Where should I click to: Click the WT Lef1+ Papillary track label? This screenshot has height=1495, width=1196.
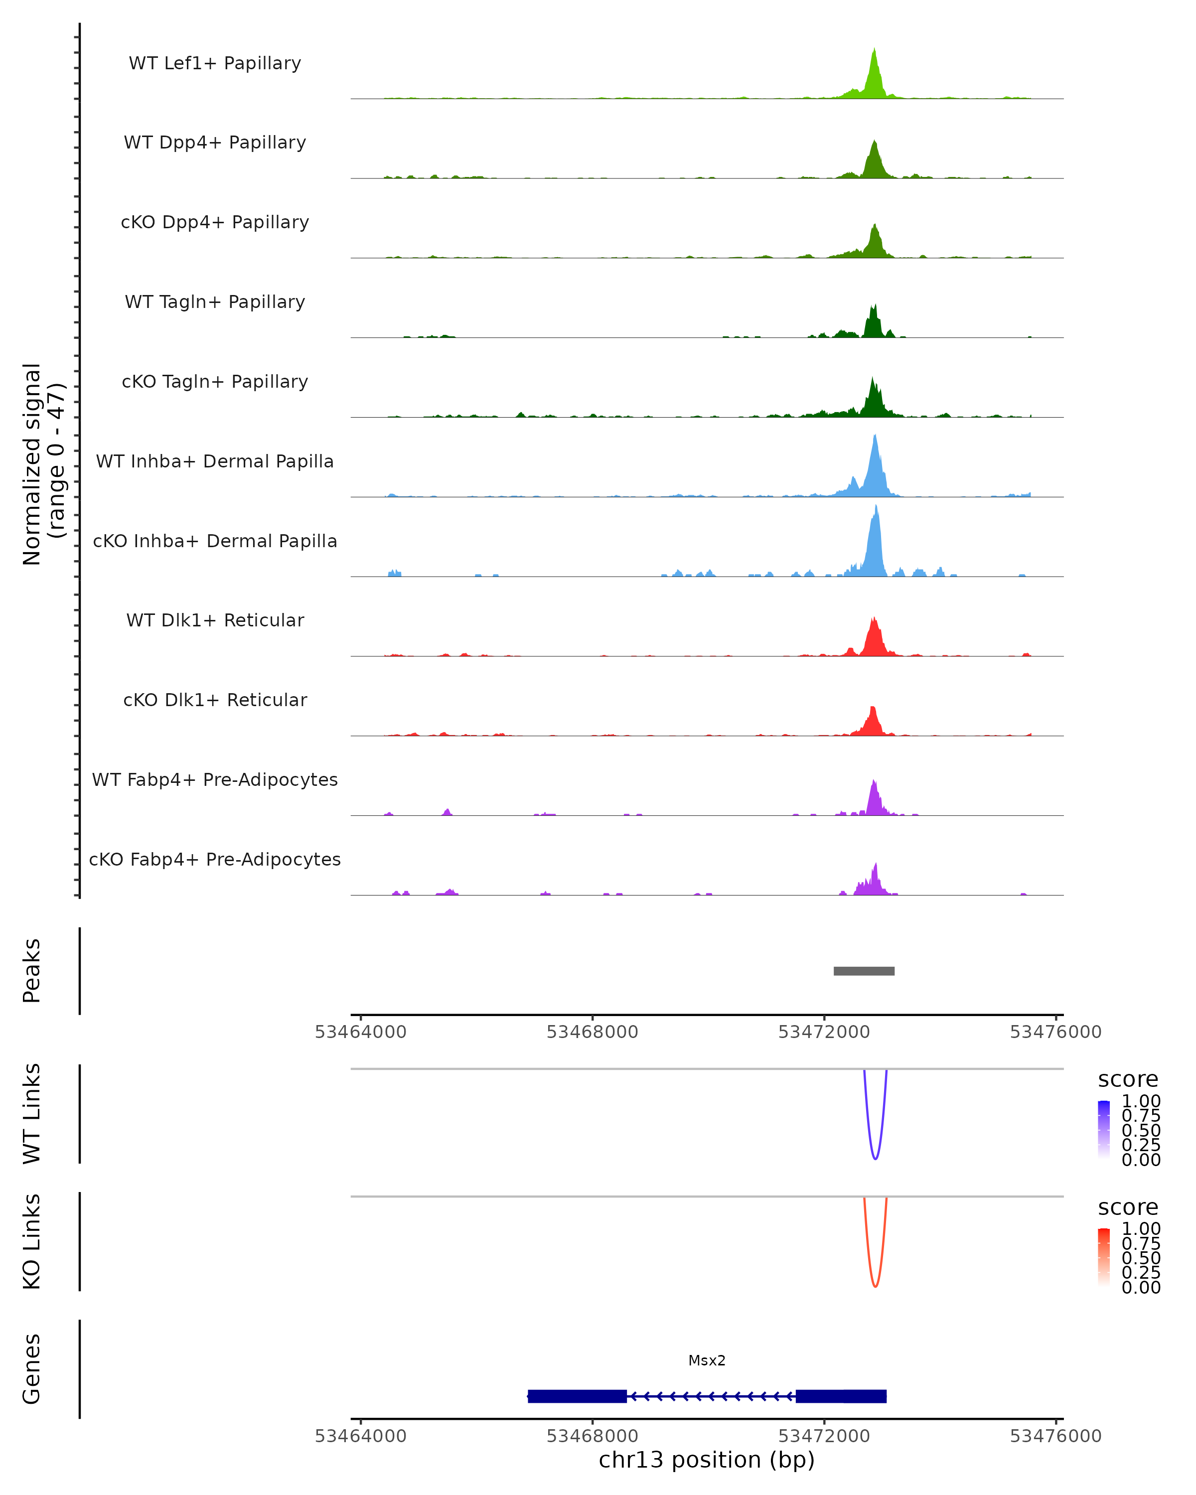point(215,63)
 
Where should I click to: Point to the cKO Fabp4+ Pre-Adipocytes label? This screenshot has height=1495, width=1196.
point(215,859)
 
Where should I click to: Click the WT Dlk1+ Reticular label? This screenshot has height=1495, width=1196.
point(215,620)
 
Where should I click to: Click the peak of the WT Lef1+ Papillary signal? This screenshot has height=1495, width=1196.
point(874,52)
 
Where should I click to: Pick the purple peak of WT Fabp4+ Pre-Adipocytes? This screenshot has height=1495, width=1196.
point(874,783)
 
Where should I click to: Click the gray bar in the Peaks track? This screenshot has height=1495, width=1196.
point(864,971)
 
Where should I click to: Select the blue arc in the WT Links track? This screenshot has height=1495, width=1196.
point(875,1158)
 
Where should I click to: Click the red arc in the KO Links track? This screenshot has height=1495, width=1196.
point(875,1286)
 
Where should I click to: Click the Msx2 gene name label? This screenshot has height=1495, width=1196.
point(707,1360)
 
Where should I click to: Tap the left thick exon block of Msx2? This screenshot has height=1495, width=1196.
point(577,1396)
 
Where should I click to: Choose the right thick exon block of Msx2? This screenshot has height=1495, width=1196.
point(841,1396)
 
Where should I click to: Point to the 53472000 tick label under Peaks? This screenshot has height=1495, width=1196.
point(824,1032)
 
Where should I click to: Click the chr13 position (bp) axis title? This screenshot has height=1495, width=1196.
point(707,1460)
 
